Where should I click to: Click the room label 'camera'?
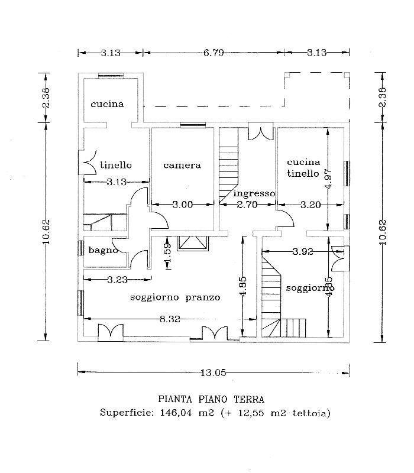(182, 166)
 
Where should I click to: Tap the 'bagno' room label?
(103, 250)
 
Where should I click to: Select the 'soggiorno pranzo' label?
(175, 298)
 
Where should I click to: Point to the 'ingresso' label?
(254, 193)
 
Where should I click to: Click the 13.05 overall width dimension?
(214, 373)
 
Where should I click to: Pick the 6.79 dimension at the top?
(214, 53)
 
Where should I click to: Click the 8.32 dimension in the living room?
(170, 319)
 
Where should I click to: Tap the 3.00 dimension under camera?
(183, 205)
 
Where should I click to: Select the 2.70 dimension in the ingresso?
(247, 205)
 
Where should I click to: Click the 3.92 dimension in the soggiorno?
(303, 251)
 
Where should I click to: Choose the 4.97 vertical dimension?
(329, 179)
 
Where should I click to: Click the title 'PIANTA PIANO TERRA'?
(211, 400)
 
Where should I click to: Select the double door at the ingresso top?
(261, 131)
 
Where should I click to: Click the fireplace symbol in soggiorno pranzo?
(193, 243)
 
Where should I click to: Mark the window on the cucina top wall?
(111, 76)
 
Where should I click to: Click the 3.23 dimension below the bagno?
(117, 280)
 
